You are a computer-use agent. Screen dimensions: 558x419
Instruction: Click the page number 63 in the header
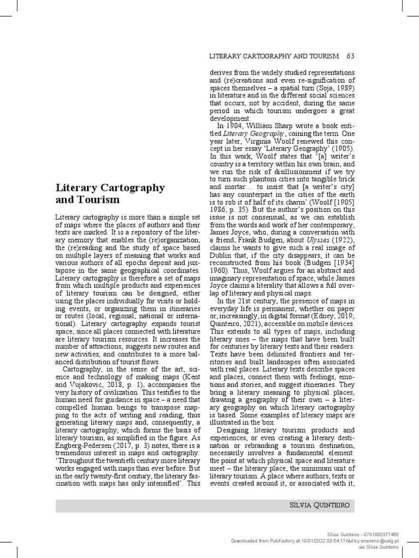[350, 56]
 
